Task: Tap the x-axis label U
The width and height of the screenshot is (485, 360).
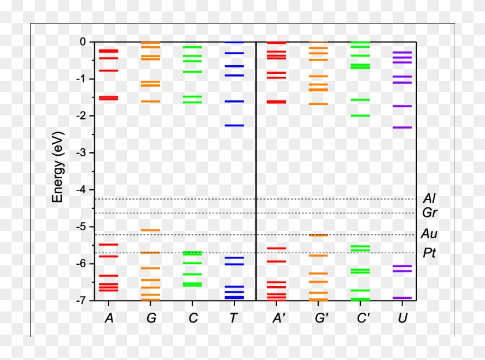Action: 402,318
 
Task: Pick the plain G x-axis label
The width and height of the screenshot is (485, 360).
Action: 151,318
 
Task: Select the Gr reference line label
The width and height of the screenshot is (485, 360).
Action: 429,213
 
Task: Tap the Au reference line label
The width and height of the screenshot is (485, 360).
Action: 429,234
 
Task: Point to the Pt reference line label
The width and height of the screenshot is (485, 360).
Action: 429,253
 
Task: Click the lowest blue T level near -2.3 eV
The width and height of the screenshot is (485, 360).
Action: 234,125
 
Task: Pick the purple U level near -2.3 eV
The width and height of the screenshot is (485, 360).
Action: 402,127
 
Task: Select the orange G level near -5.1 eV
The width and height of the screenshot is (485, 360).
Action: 151,230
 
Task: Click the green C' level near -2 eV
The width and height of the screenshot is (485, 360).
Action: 360,115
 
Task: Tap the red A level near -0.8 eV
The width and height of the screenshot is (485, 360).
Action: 109,70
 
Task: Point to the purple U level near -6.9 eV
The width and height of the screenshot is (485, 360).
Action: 402,298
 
